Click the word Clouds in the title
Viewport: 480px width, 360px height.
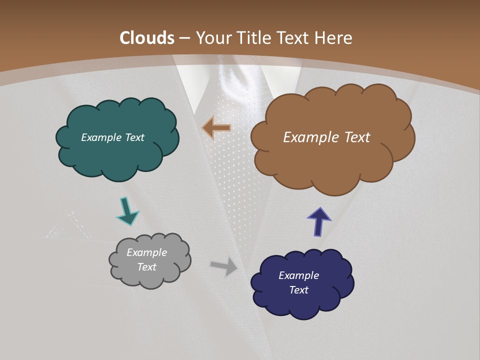(x=147, y=38)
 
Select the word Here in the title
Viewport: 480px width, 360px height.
(x=334, y=38)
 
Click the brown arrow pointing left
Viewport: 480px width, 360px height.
(x=216, y=128)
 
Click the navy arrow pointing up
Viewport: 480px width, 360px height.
(x=319, y=221)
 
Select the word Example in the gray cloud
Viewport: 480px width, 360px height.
(x=146, y=252)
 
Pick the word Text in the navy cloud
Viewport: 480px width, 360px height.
(x=298, y=290)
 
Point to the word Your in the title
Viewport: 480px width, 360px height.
(x=212, y=38)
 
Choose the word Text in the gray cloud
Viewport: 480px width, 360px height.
(x=146, y=267)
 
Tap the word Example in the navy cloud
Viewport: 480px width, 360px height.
(x=298, y=275)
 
